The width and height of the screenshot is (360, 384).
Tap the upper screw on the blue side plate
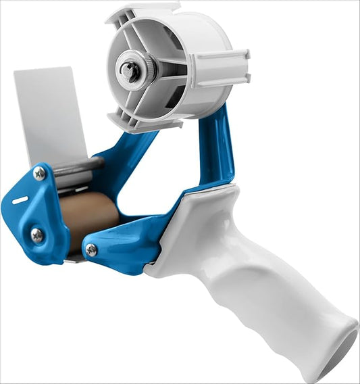coord(39,174)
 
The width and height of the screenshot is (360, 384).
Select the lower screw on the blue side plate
coord(36,235)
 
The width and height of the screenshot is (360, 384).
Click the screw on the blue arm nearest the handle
coord(91,250)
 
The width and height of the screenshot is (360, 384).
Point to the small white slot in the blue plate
coord(20,200)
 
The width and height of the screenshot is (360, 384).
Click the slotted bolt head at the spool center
coord(129,70)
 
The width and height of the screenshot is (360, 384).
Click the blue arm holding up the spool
coord(216,149)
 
